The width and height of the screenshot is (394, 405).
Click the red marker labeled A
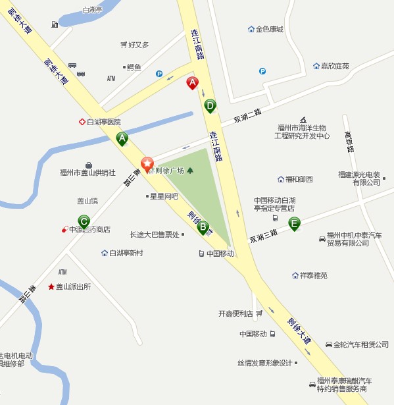click(192, 83)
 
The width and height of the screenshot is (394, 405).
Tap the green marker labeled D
click(210, 105)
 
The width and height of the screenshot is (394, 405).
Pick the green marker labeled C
click(84, 221)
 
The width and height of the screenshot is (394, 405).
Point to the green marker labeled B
click(202, 227)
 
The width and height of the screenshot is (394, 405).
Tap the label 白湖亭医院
click(104, 122)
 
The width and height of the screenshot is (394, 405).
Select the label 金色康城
click(269, 29)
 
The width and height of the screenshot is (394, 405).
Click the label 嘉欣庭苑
click(335, 66)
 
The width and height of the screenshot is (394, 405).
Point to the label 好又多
click(139, 45)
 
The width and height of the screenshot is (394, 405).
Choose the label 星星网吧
click(164, 196)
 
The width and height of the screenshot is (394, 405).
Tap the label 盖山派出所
click(73, 287)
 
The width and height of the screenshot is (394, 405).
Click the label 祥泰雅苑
click(314, 275)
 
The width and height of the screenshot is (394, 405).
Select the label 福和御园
click(299, 179)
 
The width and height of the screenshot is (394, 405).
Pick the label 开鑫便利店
click(235, 313)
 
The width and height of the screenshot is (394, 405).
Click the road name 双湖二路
click(248, 116)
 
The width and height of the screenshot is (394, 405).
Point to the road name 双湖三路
click(263, 235)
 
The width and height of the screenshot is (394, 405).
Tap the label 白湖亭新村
click(126, 253)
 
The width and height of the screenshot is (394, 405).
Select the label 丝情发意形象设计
click(264, 363)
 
